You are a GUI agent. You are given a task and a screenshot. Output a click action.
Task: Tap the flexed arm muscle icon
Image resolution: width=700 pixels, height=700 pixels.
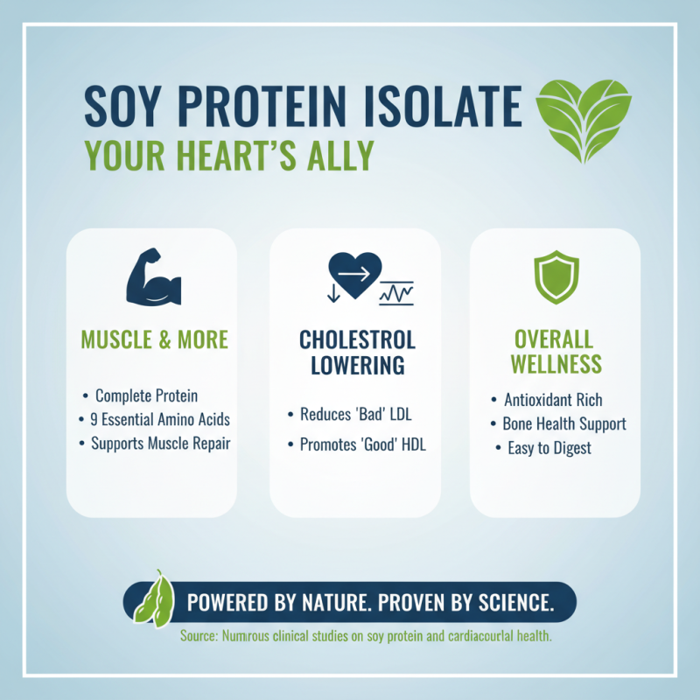point(153,279)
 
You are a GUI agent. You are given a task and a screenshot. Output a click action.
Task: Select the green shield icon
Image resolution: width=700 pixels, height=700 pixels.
point(556,277)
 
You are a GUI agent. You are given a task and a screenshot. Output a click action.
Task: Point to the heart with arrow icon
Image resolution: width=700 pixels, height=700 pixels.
point(354,277)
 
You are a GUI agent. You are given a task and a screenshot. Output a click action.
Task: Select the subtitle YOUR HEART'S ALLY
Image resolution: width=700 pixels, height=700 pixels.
point(228,155)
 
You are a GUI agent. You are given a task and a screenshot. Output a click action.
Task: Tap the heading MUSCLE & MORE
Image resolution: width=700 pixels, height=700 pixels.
point(155,339)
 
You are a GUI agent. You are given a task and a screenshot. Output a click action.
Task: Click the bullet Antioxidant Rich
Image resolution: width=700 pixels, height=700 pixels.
point(553,400)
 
